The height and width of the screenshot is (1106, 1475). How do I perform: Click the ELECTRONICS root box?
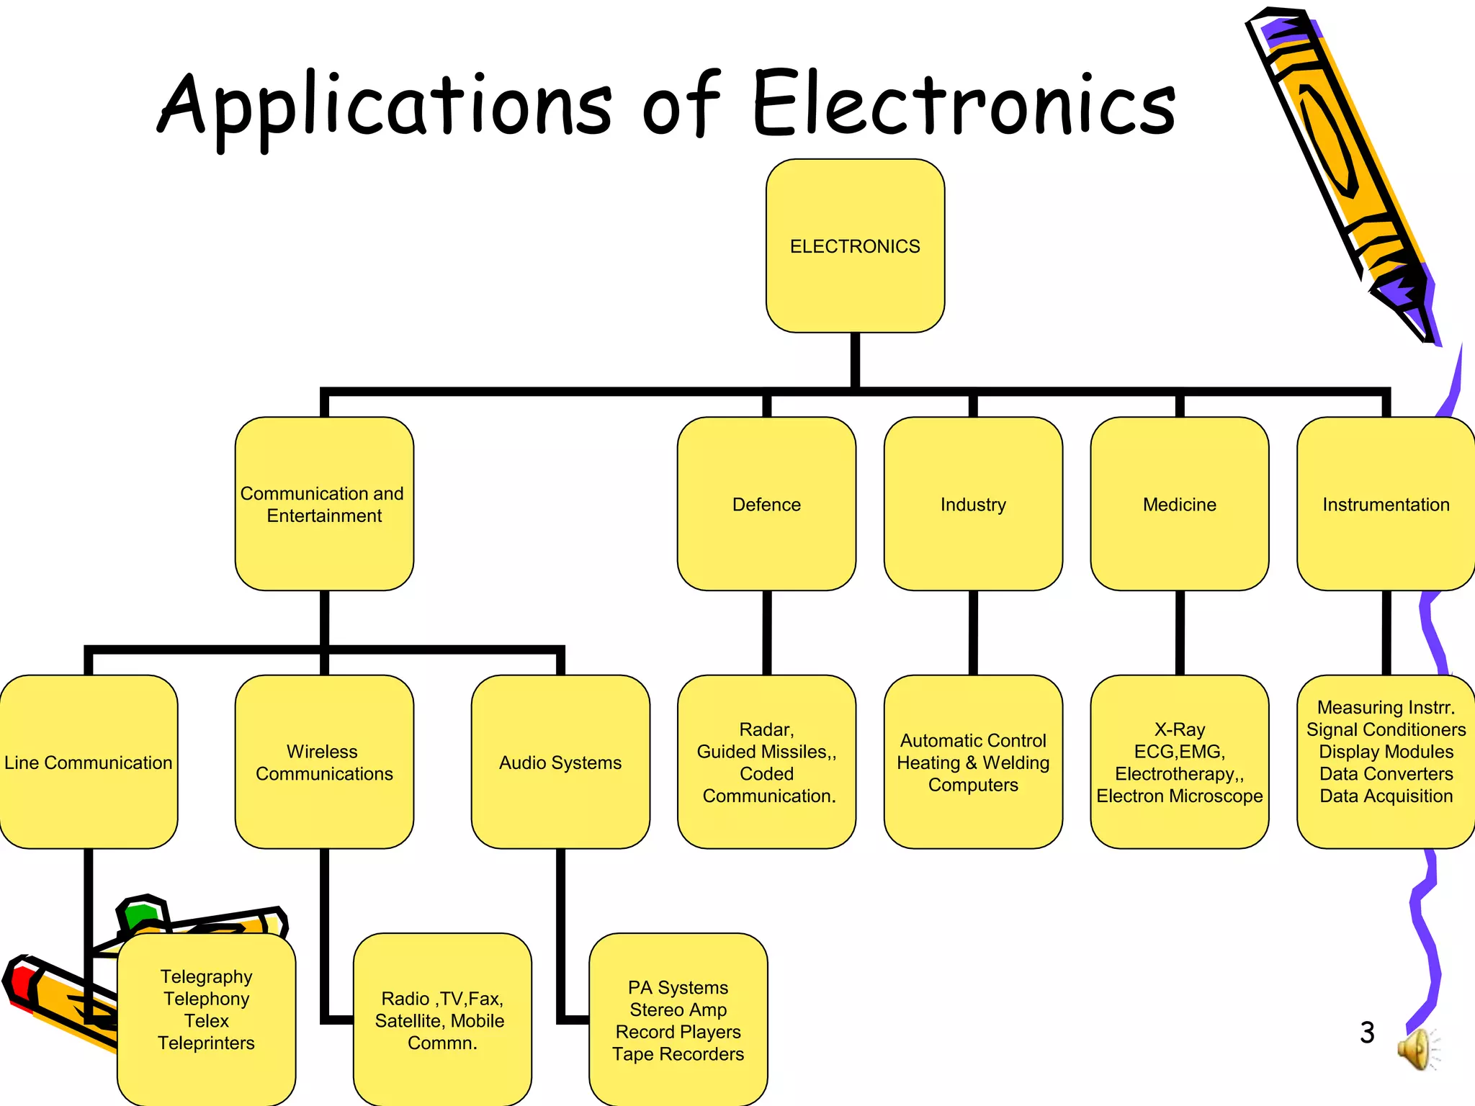(855, 246)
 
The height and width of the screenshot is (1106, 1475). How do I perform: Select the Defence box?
(766, 504)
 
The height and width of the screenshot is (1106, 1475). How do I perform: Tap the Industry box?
(973, 504)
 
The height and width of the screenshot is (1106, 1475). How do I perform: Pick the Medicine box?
(1179, 504)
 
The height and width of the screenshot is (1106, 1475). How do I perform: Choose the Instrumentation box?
(1385, 504)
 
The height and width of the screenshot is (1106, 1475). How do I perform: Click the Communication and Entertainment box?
(324, 504)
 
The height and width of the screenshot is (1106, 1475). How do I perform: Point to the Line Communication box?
(88, 762)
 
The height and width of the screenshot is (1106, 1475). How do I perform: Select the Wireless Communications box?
(324, 762)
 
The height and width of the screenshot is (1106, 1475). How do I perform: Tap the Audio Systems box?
(560, 762)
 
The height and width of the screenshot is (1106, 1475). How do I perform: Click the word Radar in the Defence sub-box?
(766, 729)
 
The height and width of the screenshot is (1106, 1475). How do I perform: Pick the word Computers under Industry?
(973, 785)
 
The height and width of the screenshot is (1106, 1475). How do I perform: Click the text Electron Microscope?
(1179, 796)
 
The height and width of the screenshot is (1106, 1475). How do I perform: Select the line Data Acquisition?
(1386, 796)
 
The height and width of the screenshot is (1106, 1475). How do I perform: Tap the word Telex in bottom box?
(207, 1021)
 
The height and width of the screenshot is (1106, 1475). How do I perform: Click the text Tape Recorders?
(678, 1054)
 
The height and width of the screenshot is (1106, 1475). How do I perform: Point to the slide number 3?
(1367, 1033)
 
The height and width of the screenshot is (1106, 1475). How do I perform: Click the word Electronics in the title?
(964, 104)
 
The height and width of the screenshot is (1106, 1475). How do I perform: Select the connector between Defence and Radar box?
(766, 632)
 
